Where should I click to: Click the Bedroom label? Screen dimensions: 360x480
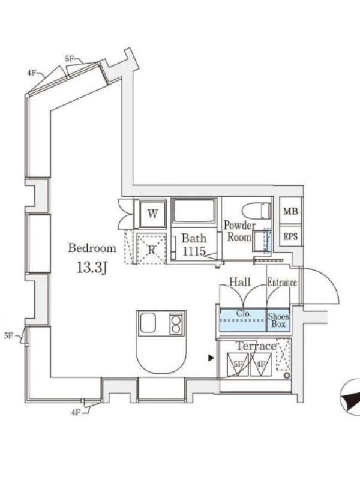pos(92,248)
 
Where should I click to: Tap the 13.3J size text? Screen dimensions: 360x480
pos(92,268)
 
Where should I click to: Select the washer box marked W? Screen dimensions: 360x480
pos(152,214)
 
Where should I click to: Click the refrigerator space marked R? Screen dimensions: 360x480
pos(152,248)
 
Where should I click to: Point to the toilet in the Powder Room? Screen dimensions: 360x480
pos(256,211)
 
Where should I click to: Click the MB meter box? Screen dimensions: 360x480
pos(290,211)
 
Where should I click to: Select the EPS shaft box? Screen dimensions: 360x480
pos(290,236)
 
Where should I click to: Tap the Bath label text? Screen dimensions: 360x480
pos(194,238)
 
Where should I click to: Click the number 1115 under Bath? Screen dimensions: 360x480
pos(194,251)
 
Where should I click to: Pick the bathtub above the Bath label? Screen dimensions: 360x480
pos(194,211)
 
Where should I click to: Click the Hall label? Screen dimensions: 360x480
pos(239,282)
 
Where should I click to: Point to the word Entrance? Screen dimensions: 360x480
pos(282,282)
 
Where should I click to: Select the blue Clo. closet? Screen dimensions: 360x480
pos(244,320)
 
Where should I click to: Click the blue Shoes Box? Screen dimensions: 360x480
pos(278,320)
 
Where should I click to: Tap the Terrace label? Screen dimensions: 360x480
pos(256,346)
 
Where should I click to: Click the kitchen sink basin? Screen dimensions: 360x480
pos(148,323)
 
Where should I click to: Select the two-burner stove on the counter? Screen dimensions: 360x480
pos(176,323)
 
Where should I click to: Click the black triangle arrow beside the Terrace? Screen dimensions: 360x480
pos(211,358)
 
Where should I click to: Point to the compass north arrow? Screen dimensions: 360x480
pos(351,398)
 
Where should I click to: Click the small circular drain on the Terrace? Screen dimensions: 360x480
pos(287,376)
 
